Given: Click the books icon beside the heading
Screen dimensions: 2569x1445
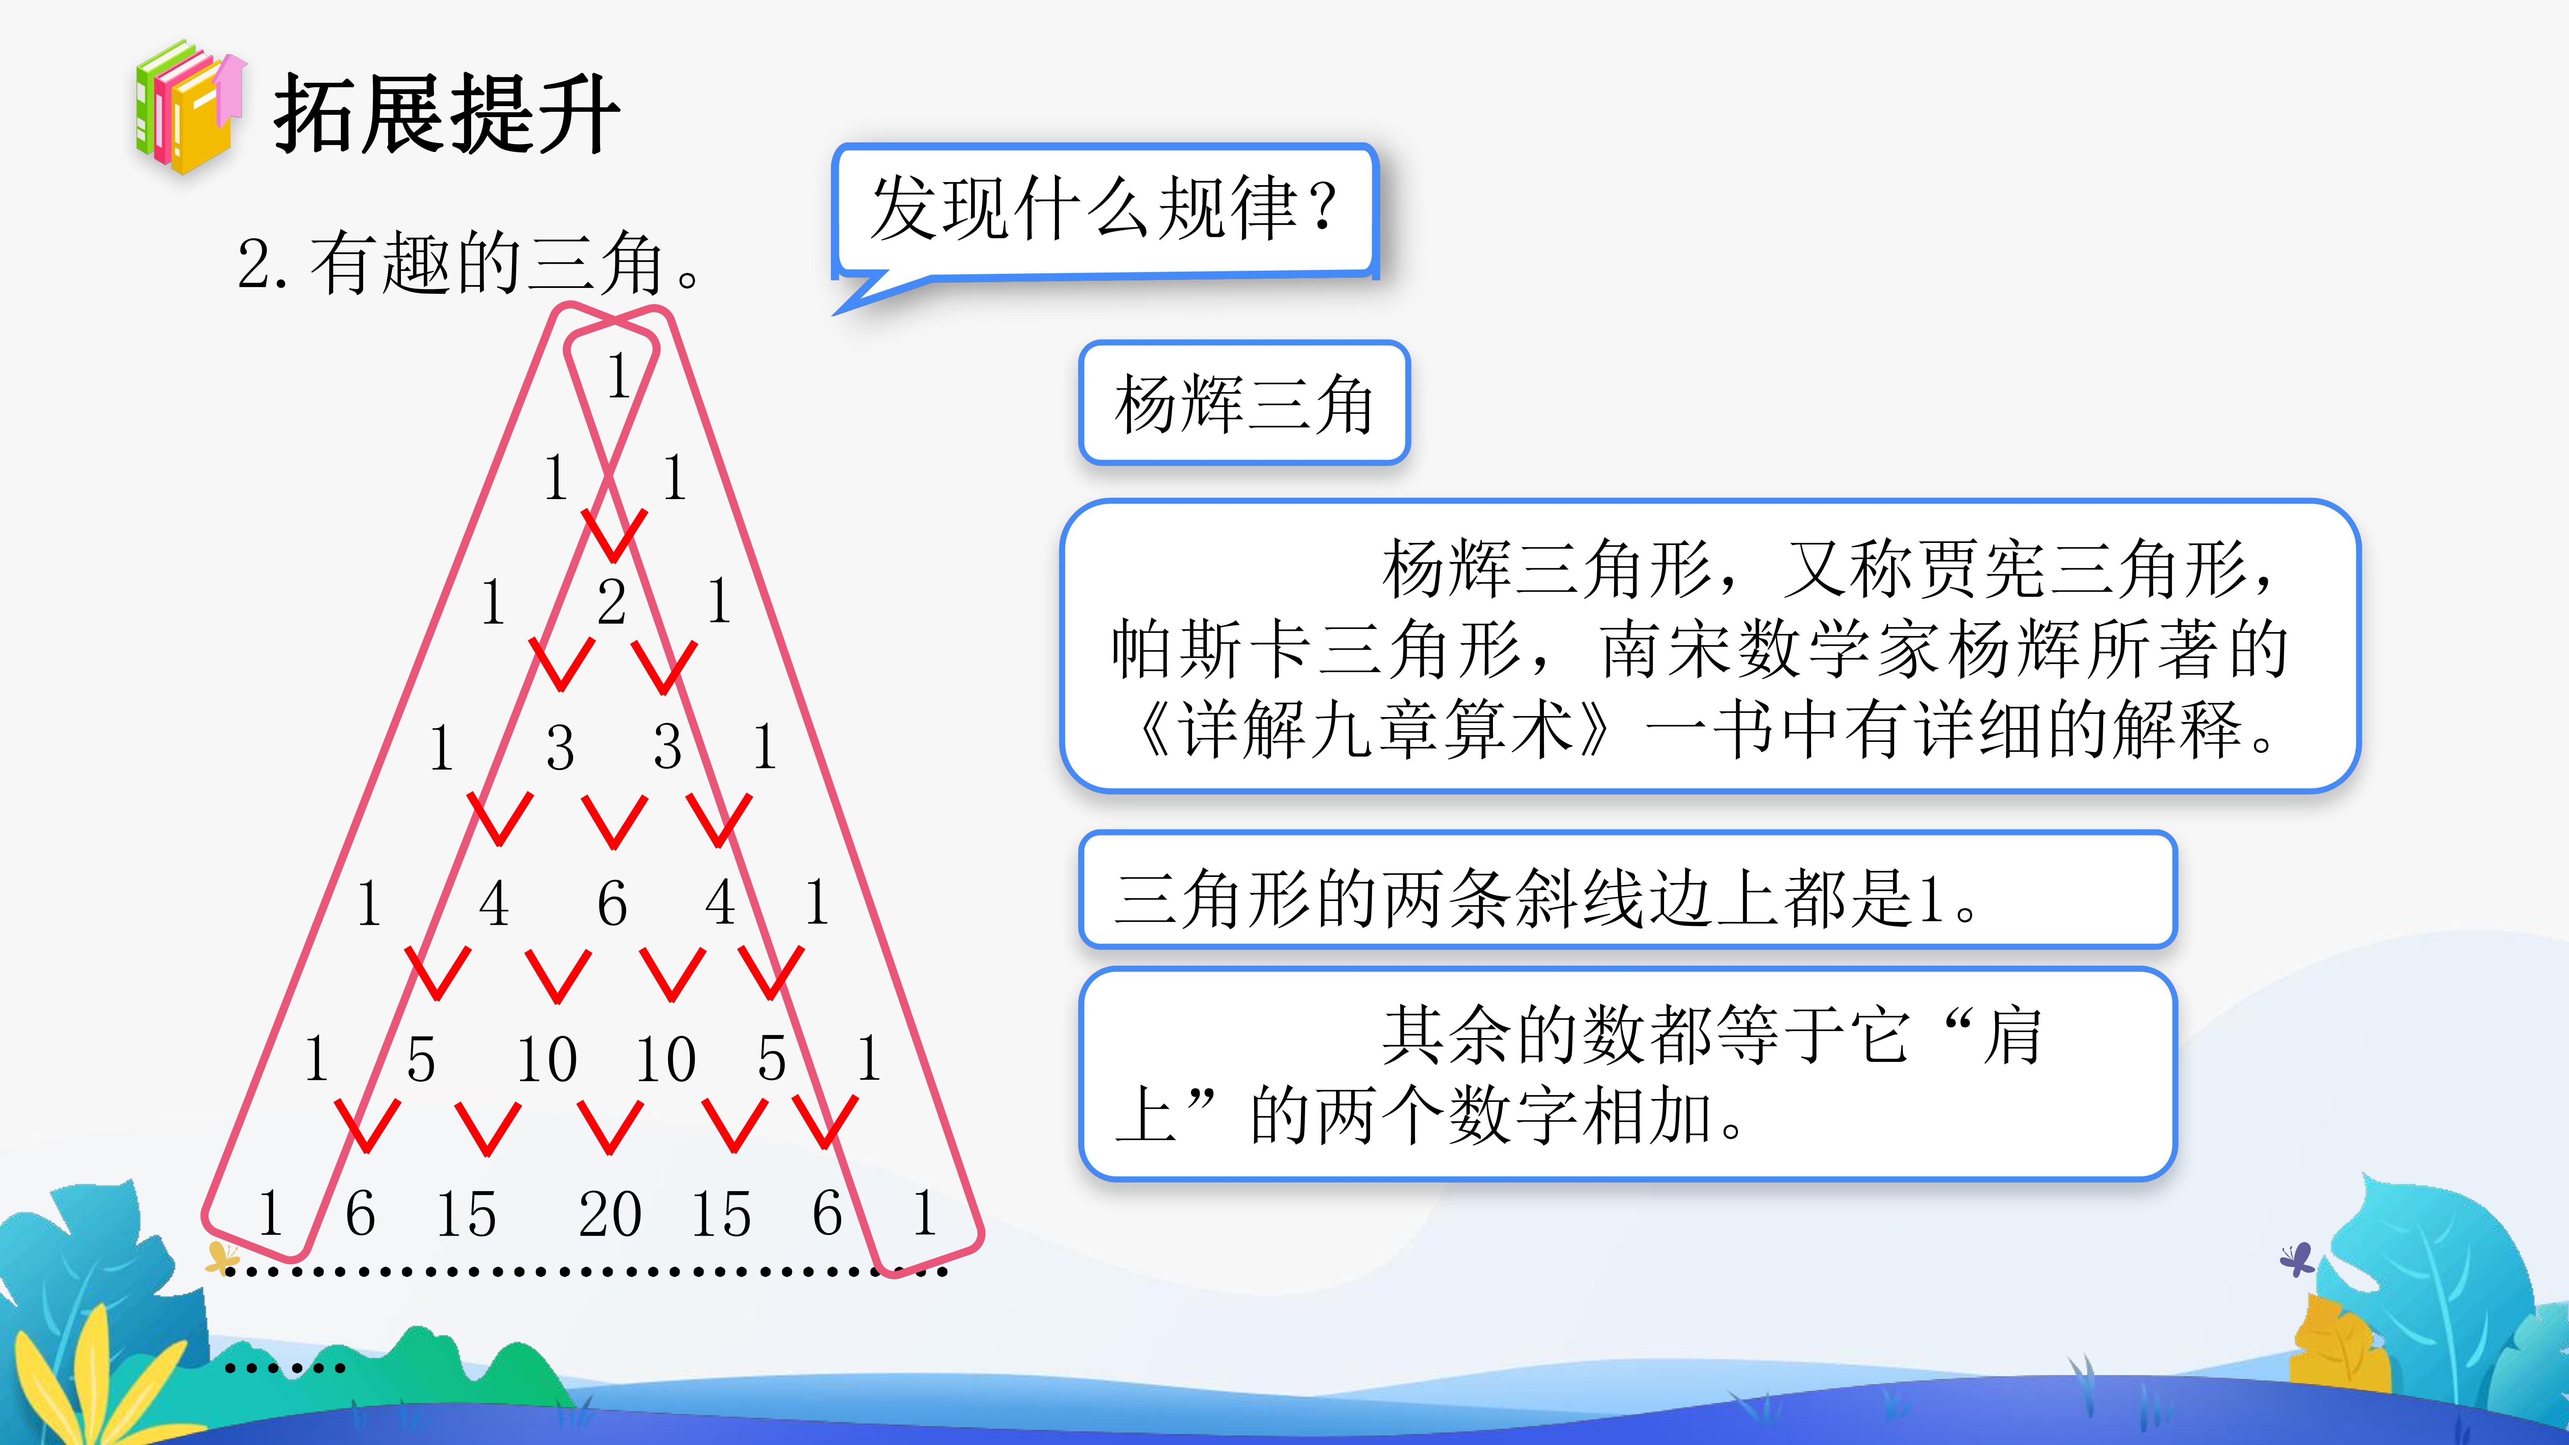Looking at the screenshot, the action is click(x=189, y=108).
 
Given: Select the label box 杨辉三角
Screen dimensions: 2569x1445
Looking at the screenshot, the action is click(x=1244, y=403).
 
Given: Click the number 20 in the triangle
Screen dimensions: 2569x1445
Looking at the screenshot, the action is click(x=609, y=1215).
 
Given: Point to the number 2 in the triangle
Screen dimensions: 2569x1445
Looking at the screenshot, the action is click(x=611, y=601).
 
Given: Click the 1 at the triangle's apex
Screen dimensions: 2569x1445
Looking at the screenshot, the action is click(x=618, y=376).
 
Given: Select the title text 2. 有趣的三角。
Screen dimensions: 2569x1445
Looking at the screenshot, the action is click(x=469, y=264).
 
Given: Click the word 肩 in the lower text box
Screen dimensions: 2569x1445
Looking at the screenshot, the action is click(x=2012, y=1035).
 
